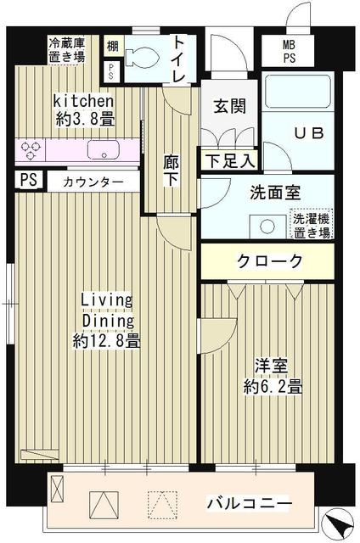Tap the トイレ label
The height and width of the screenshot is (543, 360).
click(x=181, y=58)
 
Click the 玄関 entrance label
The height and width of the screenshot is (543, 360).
click(x=229, y=107)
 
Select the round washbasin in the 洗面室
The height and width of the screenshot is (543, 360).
click(x=268, y=226)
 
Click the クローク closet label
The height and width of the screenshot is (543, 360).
click(x=269, y=261)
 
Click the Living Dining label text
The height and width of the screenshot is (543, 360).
click(x=107, y=311)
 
